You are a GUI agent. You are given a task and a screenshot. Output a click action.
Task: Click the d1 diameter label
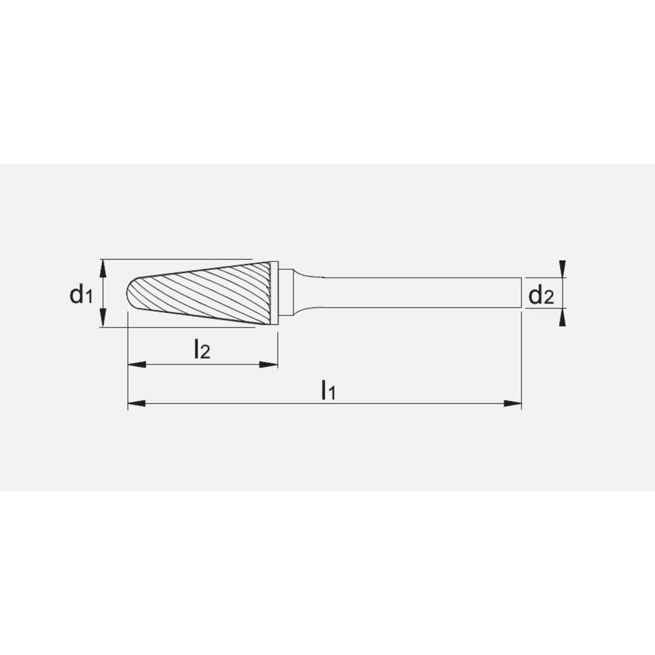[81, 295]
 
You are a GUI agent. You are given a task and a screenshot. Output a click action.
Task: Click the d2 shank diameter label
[541, 297]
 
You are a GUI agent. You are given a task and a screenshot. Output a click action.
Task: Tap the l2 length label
[202, 350]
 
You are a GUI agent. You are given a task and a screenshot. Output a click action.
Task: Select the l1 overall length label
[328, 391]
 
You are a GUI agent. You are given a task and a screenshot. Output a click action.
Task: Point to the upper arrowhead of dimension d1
[103, 266]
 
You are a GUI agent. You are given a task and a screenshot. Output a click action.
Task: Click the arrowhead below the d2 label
[563, 318]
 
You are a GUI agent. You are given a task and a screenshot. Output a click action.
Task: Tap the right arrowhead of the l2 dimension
[269, 364]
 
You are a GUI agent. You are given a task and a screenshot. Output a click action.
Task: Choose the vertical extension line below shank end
[521, 360]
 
